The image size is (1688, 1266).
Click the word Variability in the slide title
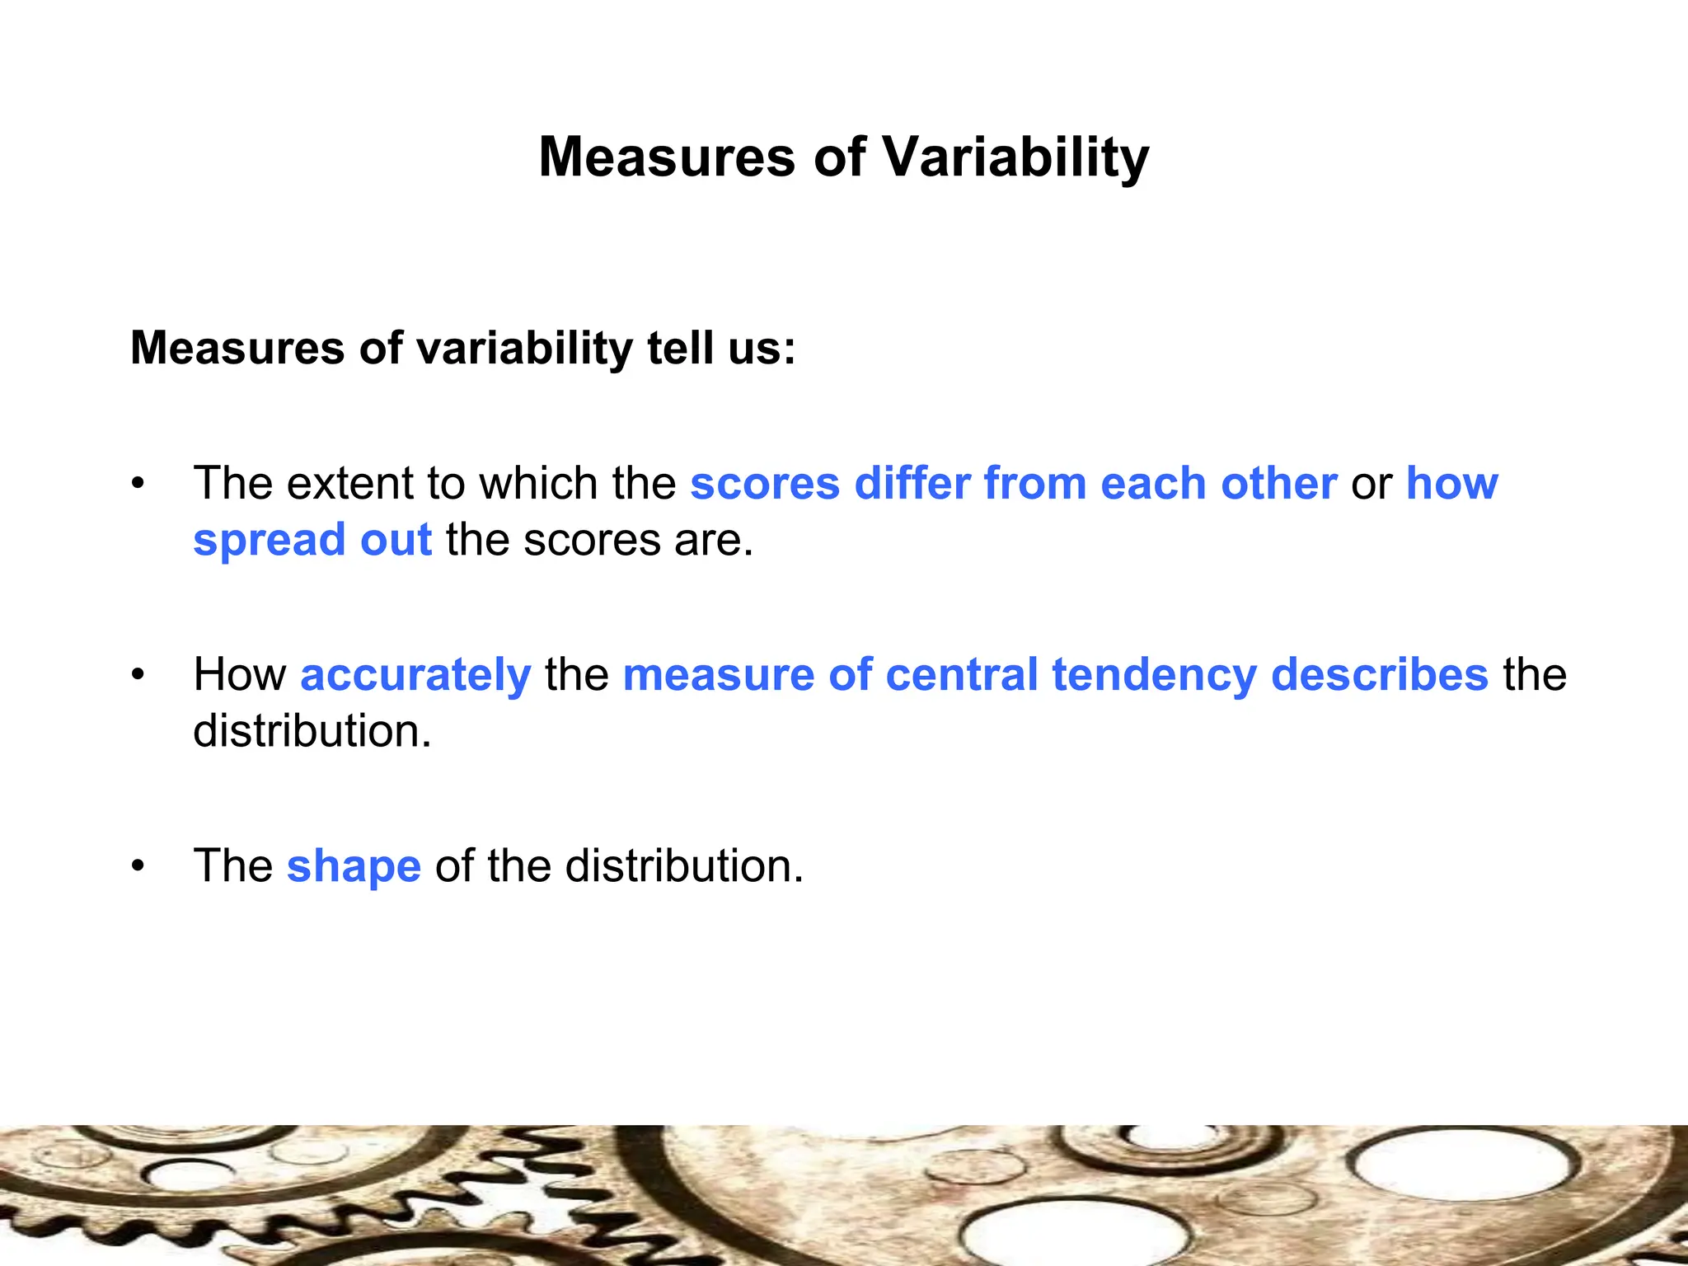click(1015, 157)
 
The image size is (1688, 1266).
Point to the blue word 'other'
click(1278, 483)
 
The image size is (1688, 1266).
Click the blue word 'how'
click(1451, 483)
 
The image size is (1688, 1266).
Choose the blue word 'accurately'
click(415, 676)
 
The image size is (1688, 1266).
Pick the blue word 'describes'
click(1379, 675)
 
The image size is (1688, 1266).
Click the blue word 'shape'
click(354, 867)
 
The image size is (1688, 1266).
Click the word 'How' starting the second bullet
click(240, 675)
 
